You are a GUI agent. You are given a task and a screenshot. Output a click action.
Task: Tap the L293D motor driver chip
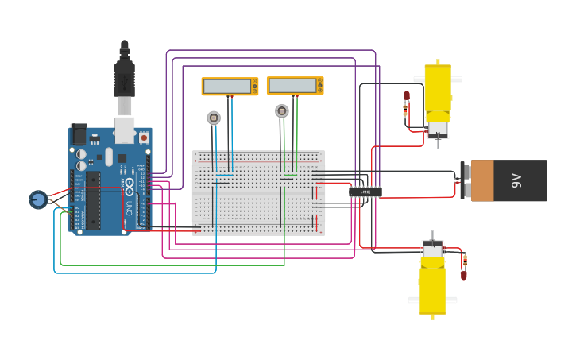pyautogui.click(x=365, y=192)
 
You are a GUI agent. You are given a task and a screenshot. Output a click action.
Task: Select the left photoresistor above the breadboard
pyautogui.click(x=214, y=118)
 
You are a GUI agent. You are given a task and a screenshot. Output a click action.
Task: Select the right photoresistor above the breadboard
pyautogui.click(x=282, y=111)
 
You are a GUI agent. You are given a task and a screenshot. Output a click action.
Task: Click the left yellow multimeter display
pyautogui.click(x=230, y=86)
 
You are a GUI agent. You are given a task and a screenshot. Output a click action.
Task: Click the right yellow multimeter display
pyautogui.click(x=295, y=85)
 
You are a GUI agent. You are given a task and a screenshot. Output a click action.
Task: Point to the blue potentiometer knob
pyautogui.click(x=38, y=199)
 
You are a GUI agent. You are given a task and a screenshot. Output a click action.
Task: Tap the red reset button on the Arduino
pyautogui.click(x=144, y=137)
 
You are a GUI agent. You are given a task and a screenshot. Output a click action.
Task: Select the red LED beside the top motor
pyautogui.click(x=406, y=95)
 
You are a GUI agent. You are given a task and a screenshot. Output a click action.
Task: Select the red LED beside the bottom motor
pyautogui.click(x=464, y=275)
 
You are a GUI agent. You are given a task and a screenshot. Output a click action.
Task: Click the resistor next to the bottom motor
pyautogui.click(x=465, y=260)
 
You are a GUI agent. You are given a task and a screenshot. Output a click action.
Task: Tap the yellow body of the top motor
pyautogui.click(x=437, y=89)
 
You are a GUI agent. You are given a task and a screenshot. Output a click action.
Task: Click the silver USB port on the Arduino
pyautogui.click(x=125, y=130)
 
